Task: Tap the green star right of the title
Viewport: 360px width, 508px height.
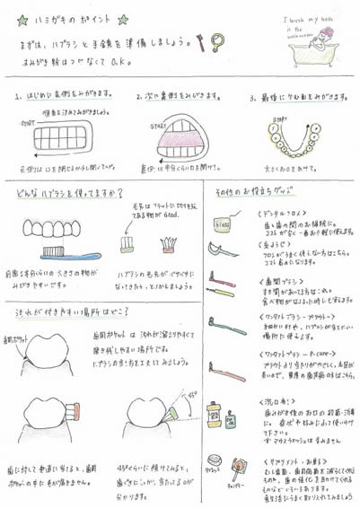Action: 122,19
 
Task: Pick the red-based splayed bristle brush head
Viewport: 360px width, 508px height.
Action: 166,243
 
